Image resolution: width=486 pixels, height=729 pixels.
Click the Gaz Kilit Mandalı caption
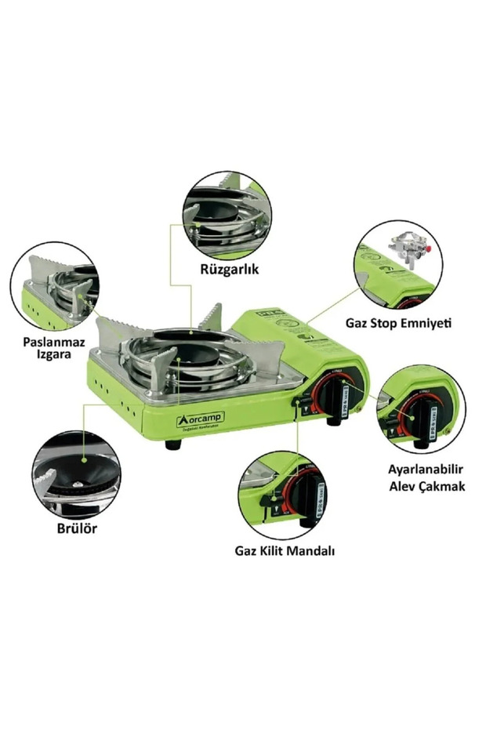click(285, 550)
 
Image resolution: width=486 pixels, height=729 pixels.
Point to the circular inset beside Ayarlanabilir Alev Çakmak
click(421, 408)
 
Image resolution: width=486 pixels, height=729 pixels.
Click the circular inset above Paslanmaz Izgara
click(55, 287)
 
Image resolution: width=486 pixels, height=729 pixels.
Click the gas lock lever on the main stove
click(299, 404)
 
